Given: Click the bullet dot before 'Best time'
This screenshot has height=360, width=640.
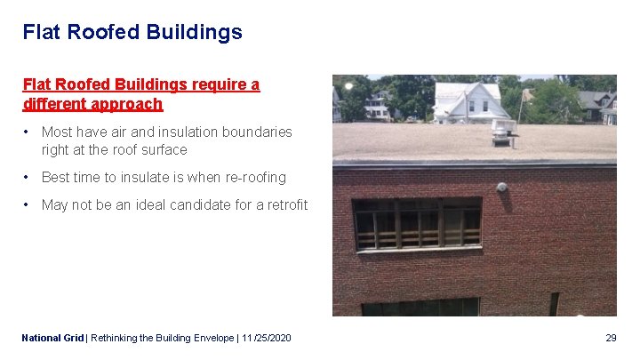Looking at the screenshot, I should [28, 177].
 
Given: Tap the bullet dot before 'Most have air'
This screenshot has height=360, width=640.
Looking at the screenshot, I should [28, 132].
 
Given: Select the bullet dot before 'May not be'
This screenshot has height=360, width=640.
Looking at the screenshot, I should [28, 204].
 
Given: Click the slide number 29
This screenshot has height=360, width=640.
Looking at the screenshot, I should [611, 338].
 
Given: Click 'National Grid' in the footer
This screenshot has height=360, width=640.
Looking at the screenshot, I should [52, 338].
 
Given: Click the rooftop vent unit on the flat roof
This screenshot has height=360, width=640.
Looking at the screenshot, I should [502, 136].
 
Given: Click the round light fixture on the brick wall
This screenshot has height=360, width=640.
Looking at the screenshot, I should [502, 188].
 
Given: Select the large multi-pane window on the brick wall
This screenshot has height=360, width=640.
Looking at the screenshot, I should [417, 224].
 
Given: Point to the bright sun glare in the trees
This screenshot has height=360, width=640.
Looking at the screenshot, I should [348, 85].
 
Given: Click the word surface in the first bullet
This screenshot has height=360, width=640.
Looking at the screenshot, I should [164, 150].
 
